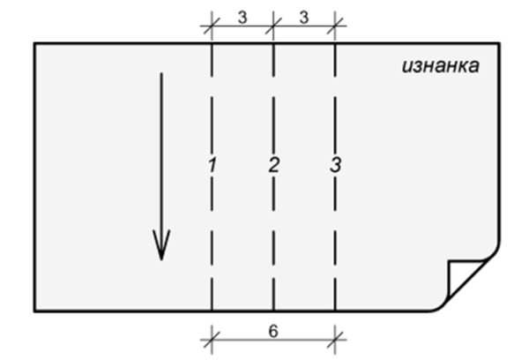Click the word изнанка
point(440,66)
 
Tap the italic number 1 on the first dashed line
point(212,164)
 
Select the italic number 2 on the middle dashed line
point(273,164)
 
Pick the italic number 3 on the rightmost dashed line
point(335,164)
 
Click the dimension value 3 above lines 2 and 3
point(304,17)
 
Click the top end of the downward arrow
point(160,74)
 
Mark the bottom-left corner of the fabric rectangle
point(34,311)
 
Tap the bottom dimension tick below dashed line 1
point(212,334)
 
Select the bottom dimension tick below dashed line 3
point(335,334)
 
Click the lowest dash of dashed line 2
point(273,298)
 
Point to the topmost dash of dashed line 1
point(212,55)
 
